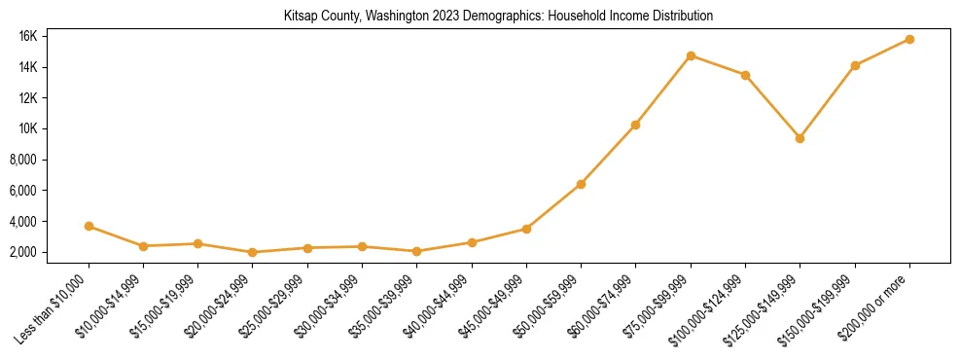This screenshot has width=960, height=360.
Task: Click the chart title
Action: click(498, 17)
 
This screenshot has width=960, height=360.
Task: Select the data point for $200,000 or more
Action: click(909, 39)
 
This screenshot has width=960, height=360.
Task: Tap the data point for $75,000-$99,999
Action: click(691, 55)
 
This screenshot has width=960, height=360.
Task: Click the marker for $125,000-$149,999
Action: click(800, 138)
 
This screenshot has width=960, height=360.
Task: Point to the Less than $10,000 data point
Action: click(89, 226)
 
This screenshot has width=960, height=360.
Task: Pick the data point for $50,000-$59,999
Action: click(581, 184)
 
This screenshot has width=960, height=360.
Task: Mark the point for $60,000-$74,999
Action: click(635, 125)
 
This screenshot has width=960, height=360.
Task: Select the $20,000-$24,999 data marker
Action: click(253, 252)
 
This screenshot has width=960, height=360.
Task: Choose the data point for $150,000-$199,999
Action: click(855, 65)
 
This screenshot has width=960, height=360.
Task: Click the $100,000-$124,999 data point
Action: click(745, 75)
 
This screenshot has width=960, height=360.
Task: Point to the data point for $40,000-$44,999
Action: click(472, 242)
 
